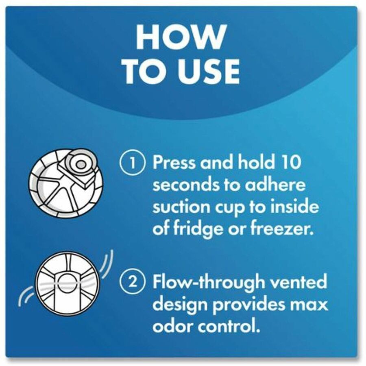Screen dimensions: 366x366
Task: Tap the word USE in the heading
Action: (x=209, y=71)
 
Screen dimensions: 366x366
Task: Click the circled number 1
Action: (x=133, y=162)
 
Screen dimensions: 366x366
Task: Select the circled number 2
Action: (x=133, y=282)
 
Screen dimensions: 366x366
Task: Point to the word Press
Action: (x=174, y=162)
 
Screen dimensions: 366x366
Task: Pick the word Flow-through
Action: (x=209, y=282)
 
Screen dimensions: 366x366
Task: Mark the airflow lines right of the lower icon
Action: (x=106, y=264)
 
